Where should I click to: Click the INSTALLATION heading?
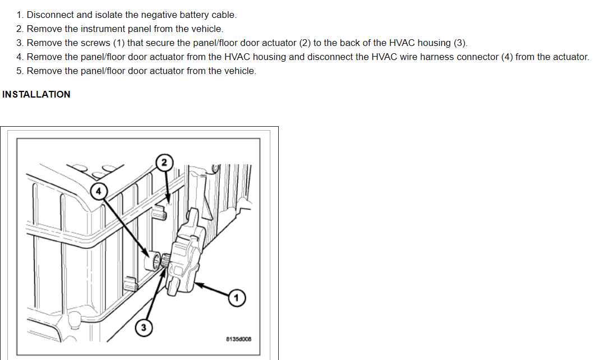coord(36,94)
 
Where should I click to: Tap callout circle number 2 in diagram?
coord(164,163)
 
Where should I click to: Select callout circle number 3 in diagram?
coord(144,328)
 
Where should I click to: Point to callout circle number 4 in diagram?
coord(99,191)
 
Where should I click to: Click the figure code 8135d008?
coord(238,339)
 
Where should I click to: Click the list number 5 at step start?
coord(19,71)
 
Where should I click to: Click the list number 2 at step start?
coord(19,29)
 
